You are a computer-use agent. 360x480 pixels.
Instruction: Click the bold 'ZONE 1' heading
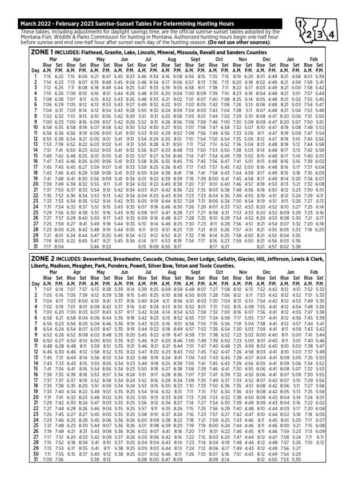tap(42, 52)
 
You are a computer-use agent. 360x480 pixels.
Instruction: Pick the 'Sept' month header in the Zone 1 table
tap(195, 60)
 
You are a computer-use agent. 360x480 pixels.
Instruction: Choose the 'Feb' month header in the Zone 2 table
tap(314, 272)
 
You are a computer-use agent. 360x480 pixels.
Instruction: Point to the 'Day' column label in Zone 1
tap(35, 70)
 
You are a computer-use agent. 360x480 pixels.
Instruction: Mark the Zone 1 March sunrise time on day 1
tap(47, 75)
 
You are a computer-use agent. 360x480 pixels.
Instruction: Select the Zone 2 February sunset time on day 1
tap(320, 290)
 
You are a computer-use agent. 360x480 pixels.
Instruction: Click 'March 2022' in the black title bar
tap(36, 23)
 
